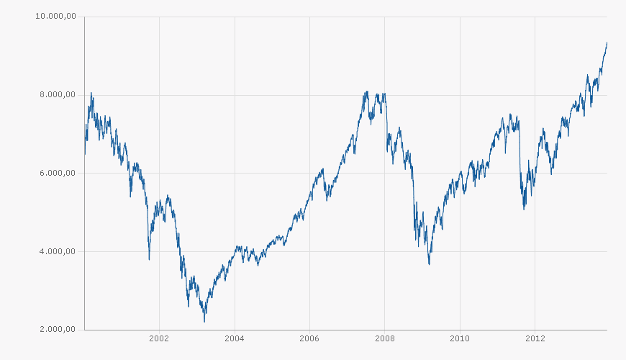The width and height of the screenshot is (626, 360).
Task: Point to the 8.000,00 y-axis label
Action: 57,95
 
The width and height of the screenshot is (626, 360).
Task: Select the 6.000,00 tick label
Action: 57,173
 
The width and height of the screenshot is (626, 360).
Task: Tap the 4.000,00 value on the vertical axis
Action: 57,251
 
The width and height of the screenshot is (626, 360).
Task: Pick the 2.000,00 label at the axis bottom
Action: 57,330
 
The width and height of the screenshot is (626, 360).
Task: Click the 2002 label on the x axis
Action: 159,338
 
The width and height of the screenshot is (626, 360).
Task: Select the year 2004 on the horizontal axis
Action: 235,338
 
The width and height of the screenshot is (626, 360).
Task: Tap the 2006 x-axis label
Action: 309,338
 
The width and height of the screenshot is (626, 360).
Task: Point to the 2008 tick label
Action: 384,338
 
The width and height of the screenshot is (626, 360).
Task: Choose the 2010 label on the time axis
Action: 460,338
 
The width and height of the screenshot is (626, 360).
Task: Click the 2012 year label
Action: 535,338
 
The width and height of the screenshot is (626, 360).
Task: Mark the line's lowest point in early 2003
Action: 204,321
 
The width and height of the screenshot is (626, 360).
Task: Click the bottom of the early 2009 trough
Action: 430,264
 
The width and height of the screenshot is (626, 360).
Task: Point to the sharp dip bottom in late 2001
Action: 149,259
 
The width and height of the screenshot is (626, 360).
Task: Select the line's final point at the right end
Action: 607,42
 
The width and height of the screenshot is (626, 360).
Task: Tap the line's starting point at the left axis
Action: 85,153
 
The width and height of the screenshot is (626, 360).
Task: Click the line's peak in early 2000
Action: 91,92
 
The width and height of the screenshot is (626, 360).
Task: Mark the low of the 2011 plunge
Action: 524,210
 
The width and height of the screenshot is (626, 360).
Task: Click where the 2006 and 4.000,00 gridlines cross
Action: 309,251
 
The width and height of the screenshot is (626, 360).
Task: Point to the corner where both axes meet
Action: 84,330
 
